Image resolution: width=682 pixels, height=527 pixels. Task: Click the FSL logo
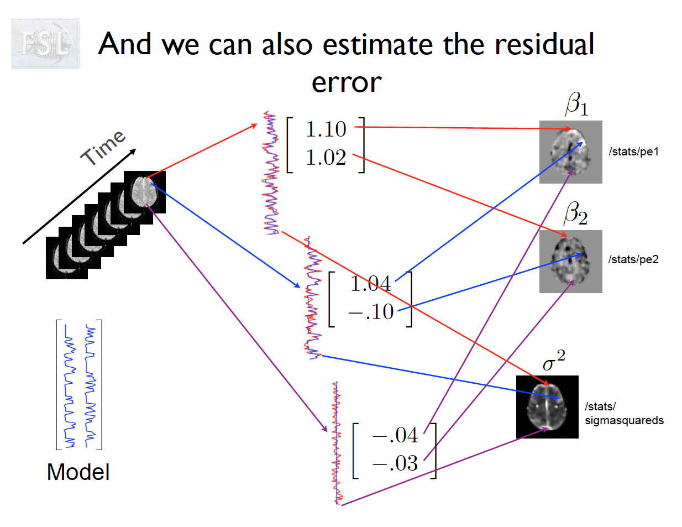tap(45, 43)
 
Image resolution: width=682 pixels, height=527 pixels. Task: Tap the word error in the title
tap(347, 82)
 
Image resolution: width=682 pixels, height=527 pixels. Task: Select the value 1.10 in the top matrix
tap(326, 129)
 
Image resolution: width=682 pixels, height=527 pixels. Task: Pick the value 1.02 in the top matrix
tap(326, 158)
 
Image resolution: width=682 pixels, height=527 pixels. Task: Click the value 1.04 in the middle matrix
tap(370, 284)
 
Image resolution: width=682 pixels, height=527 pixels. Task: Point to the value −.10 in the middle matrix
tap(371, 312)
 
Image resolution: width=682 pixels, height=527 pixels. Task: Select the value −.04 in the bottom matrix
tap(395, 435)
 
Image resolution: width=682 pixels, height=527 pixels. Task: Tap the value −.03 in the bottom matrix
tap(395, 463)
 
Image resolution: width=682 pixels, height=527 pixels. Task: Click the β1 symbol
tap(576, 104)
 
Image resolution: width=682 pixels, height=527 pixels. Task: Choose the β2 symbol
tap(575, 213)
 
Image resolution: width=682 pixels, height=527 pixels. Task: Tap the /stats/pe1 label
tap(633, 152)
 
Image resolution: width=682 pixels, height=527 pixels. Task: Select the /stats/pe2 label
tap(633, 259)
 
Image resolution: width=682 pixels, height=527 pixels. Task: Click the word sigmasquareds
tap(624, 420)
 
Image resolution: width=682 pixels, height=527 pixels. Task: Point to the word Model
tap(78, 472)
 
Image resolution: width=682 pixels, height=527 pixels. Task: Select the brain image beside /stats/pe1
tap(570, 152)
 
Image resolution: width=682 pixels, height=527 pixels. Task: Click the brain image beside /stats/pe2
tap(570, 262)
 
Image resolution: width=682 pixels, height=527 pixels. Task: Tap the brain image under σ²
tap(547, 407)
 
